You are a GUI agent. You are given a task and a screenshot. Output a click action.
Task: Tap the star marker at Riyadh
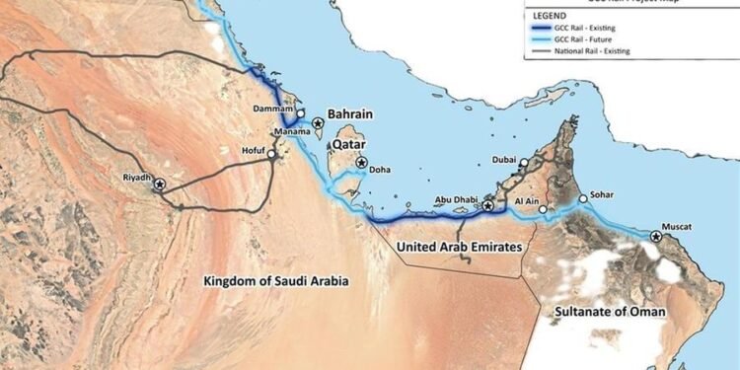pos(160,185)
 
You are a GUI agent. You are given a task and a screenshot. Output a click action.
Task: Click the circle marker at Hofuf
pos(272,154)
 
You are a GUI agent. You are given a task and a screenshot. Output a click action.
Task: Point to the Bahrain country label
pos(350,114)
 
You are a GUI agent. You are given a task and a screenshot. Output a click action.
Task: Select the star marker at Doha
pos(362,163)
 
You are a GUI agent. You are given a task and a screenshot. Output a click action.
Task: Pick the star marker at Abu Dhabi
pos(487,205)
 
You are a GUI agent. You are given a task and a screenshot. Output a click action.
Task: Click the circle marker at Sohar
pos(583,198)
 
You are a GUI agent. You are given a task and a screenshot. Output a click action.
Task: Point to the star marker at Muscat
pos(656,236)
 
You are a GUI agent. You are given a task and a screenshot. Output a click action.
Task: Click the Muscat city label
pos(680,227)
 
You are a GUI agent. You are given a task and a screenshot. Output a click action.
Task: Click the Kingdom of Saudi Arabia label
pos(276,281)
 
